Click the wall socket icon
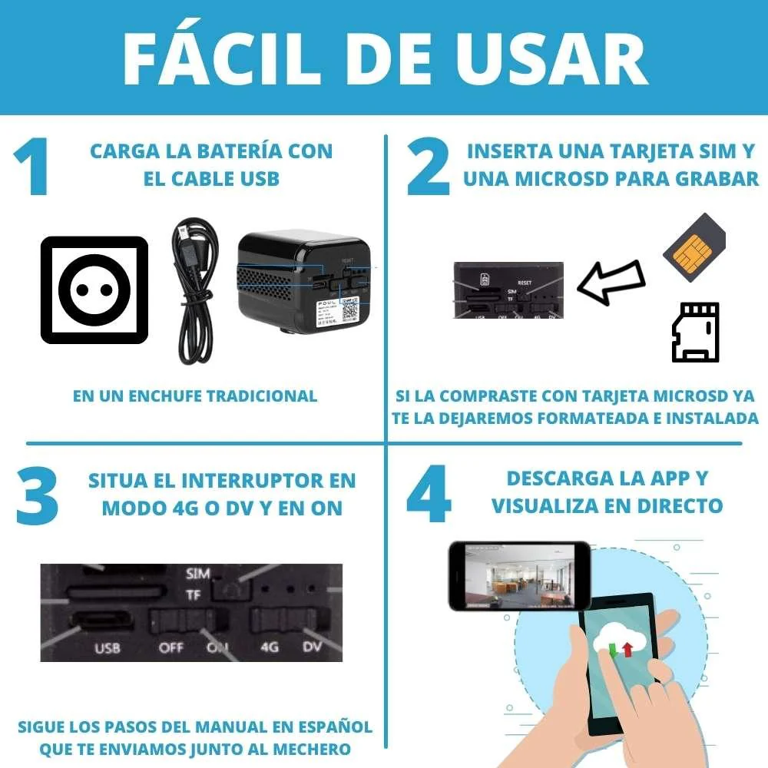[94, 290]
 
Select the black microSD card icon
[695, 332]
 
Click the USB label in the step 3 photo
[107, 648]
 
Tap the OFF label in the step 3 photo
[170, 647]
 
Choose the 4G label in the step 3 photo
[269, 647]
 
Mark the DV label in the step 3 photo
[311, 647]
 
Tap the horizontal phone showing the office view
[519, 575]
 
